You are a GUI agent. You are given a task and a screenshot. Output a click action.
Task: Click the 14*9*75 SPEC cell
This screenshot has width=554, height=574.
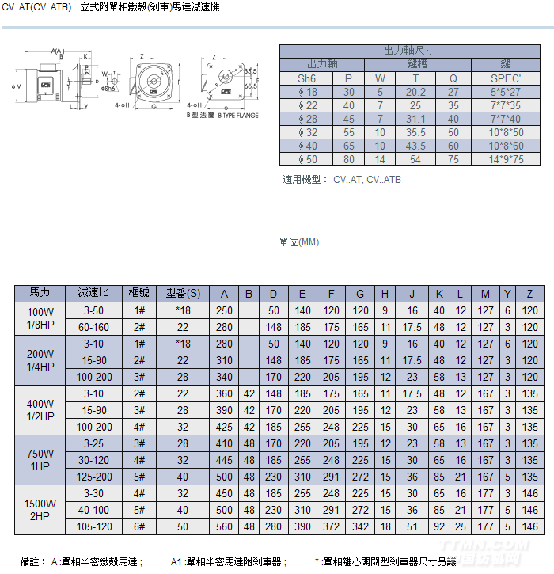tap(506, 159)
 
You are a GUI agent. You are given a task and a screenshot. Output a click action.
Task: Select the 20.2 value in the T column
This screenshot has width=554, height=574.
tap(415, 92)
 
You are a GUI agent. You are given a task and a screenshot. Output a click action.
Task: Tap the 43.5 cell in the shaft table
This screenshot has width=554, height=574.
tap(415, 146)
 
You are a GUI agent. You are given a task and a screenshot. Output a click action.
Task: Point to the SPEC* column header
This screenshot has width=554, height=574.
tap(506, 78)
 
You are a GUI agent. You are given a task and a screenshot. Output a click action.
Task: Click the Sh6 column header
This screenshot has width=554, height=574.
tap(306, 78)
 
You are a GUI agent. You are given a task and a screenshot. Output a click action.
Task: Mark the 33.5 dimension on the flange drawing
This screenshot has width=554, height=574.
tap(250, 71)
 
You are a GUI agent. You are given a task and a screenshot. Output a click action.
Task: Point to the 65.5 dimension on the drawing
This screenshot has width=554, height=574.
tap(251, 86)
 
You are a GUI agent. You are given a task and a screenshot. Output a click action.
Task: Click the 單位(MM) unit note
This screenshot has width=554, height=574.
tap(299, 242)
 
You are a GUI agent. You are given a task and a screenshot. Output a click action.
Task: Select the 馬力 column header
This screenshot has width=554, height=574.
tap(40, 294)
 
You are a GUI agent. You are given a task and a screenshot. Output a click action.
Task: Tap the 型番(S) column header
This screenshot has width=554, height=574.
tap(183, 294)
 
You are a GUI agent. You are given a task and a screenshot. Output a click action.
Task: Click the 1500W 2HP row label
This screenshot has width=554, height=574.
tap(40, 510)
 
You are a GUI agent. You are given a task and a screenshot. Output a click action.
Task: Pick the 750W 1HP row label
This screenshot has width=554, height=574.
tap(40, 460)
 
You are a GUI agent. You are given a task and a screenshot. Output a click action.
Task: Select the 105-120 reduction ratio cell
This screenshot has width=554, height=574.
tap(93, 526)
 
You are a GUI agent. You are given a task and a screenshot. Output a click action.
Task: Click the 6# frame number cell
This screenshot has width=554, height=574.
tap(140, 526)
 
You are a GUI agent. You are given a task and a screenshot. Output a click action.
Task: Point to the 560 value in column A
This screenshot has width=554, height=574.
tap(224, 526)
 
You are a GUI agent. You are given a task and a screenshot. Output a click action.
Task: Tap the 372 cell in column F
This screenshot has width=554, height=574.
tap(331, 526)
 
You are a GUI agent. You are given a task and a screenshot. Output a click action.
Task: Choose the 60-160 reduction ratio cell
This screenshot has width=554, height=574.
tap(93, 327)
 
